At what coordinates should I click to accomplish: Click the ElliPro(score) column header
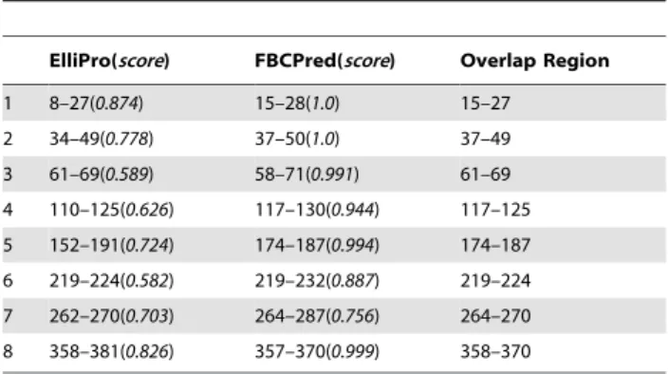pyautogui.click(x=109, y=61)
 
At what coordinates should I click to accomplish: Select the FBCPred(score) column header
pyautogui.click(x=325, y=61)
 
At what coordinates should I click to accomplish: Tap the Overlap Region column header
pyautogui.click(x=534, y=61)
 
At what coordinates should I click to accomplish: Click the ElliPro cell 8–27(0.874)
pyautogui.click(x=96, y=103)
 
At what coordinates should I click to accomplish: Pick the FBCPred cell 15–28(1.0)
pyautogui.click(x=297, y=103)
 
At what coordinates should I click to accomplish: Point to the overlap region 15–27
pyautogui.click(x=485, y=103)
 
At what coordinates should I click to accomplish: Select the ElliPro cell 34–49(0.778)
pyautogui.click(x=102, y=139)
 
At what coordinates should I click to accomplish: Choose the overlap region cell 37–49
pyautogui.click(x=485, y=139)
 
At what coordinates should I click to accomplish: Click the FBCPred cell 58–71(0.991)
pyautogui.click(x=306, y=175)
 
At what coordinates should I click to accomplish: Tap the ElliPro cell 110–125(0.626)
pyautogui.click(x=112, y=210)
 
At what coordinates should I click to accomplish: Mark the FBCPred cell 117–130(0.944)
pyautogui.click(x=317, y=210)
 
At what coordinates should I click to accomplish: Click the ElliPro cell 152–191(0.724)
pyautogui.click(x=112, y=245)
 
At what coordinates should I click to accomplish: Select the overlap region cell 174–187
pyautogui.click(x=495, y=245)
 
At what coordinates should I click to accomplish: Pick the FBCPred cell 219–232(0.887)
pyautogui.click(x=317, y=281)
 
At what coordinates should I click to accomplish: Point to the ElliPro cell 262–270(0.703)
pyautogui.click(x=112, y=316)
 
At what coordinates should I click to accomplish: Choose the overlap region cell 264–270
pyautogui.click(x=495, y=316)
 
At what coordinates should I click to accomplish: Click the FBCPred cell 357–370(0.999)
pyautogui.click(x=317, y=351)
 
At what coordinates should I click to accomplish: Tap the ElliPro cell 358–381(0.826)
pyautogui.click(x=112, y=351)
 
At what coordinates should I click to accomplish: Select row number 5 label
pyautogui.click(x=8, y=245)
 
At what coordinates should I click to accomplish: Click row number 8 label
pyautogui.click(x=8, y=351)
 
